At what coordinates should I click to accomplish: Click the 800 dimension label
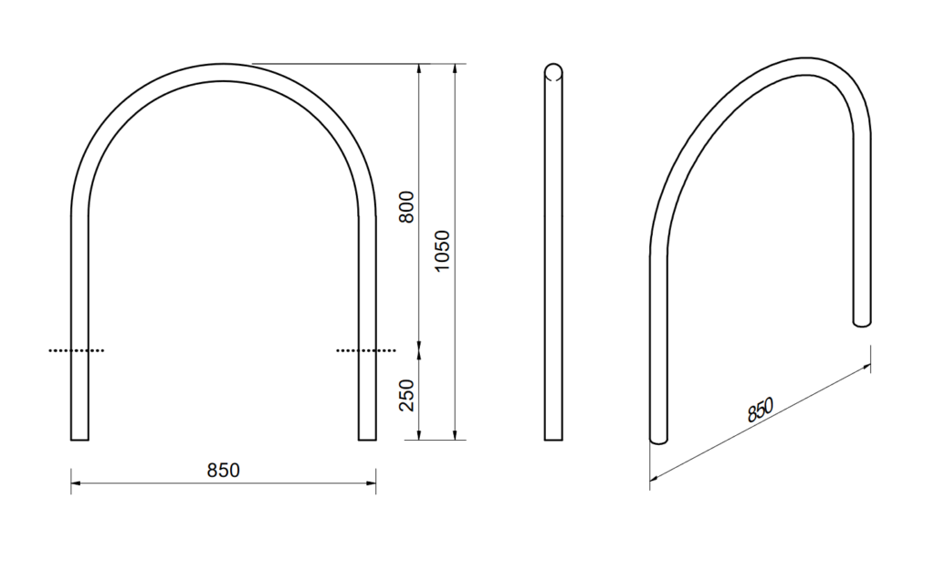point(408,207)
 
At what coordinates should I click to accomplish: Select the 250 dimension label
point(408,394)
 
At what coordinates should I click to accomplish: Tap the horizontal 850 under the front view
point(223,471)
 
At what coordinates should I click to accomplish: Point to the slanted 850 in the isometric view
point(761,410)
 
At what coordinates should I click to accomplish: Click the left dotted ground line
point(77,349)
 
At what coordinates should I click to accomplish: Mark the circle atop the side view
point(553,72)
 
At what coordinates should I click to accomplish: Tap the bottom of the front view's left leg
point(79,438)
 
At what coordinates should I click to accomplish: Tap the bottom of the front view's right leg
point(367,438)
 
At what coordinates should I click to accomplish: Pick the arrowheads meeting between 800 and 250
point(418,344)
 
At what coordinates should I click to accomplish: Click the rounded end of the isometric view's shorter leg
point(862,322)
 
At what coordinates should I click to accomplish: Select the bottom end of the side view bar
point(553,438)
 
